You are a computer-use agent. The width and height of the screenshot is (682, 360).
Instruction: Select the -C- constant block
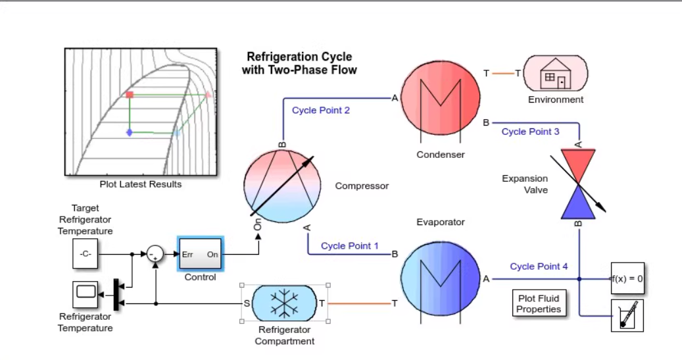(85, 254)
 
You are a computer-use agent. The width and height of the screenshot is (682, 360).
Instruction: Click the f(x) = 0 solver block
(627, 278)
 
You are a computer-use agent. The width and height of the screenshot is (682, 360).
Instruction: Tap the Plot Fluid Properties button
(539, 304)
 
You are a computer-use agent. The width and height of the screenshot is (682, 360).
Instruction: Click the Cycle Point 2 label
(321, 110)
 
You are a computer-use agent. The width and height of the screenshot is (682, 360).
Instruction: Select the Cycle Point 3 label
(530, 132)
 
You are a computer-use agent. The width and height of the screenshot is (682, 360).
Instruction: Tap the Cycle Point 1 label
(350, 246)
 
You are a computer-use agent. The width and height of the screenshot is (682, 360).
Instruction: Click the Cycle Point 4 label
(539, 267)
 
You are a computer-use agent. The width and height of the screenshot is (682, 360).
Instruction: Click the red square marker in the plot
(130, 95)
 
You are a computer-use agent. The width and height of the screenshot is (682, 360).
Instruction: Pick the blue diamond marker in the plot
(130, 132)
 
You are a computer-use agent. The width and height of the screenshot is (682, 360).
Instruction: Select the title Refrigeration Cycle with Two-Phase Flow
(299, 63)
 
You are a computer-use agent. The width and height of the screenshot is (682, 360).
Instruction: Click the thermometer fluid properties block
(627, 316)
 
